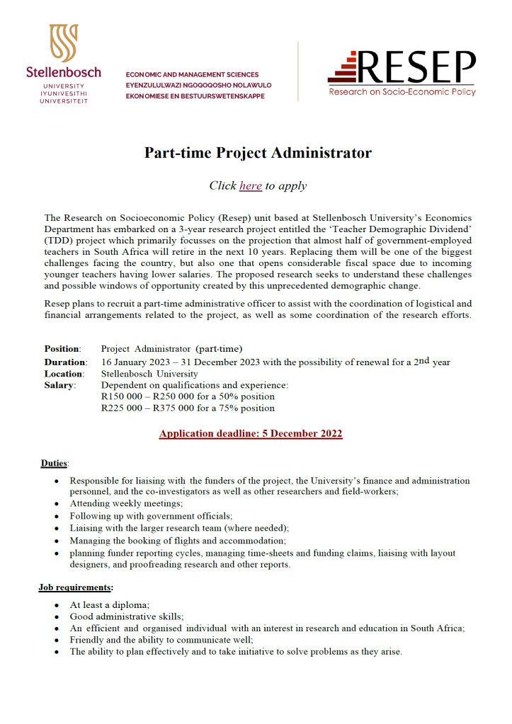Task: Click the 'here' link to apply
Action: pos(251,185)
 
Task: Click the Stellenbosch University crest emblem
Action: pos(63,43)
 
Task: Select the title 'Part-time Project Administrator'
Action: pos(258,153)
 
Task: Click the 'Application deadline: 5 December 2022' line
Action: pos(251,433)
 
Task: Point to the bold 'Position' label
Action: pos(62,349)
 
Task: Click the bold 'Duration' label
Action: pos(65,362)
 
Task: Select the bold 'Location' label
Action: pos(64,374)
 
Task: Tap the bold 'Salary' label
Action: pos(59,385)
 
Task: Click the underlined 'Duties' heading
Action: pos(55,463)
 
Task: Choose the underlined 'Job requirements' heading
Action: pos(75,587)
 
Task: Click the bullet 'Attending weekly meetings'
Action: pos(126,503)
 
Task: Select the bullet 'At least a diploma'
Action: pos(109,605)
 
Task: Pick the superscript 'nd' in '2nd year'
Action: pos(423,360)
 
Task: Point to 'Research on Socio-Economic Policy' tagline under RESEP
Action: pos(402,91)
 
